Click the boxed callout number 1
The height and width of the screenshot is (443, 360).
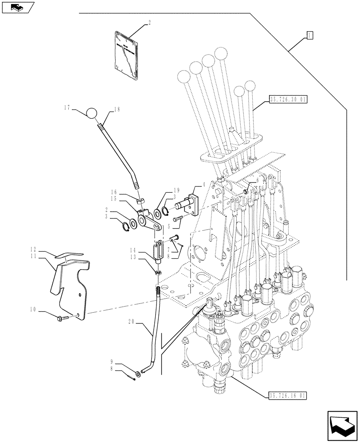tap(309, 35)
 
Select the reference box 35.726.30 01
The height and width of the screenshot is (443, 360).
tap(288, 101)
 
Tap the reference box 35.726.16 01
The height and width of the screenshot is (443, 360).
tap(288, 396)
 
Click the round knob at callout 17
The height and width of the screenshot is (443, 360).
tap(91, 114)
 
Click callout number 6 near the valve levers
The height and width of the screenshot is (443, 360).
tap(257, 181)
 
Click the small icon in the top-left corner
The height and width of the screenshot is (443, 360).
tap(18, 7)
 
